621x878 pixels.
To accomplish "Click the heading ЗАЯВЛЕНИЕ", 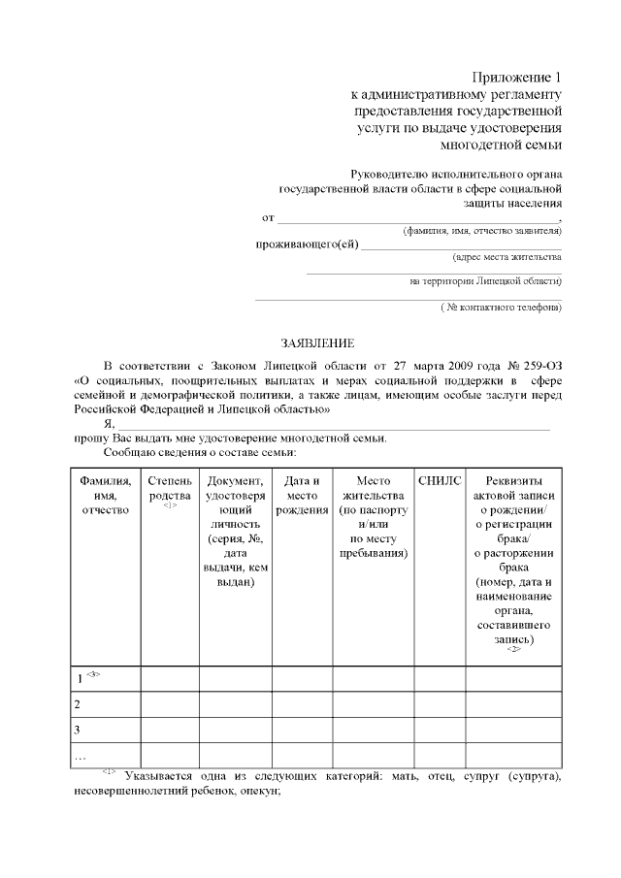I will tap(317, 343).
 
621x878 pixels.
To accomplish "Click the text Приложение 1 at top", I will tap(517, 77).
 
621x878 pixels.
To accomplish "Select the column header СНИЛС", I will tap(440, 480).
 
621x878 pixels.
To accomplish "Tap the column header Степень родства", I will tap(170, 488).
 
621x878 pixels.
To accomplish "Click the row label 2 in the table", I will tap(78, 704).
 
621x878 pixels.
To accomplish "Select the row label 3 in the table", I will tap(78, 730).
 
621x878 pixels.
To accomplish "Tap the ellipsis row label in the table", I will tap(80, 755).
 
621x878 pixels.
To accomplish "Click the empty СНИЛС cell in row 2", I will tap(440, 704).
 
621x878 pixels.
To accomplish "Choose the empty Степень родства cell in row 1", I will tap(170, 679).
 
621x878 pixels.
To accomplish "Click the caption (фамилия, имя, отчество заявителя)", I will tap(481, 232).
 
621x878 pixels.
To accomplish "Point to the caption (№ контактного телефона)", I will tap(500, 308).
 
